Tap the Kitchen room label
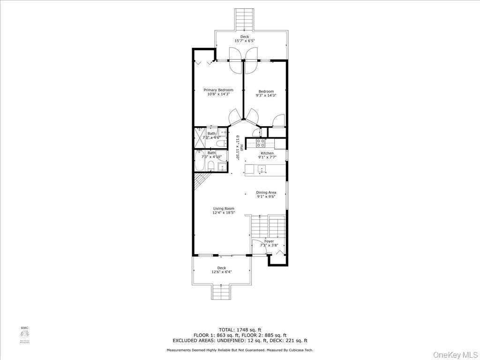coord(267,153)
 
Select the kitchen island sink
coord(262,169)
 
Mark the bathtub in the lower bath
coord(200,162)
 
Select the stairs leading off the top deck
coord(244,19)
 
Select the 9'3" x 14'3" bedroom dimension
coord(266,95)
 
